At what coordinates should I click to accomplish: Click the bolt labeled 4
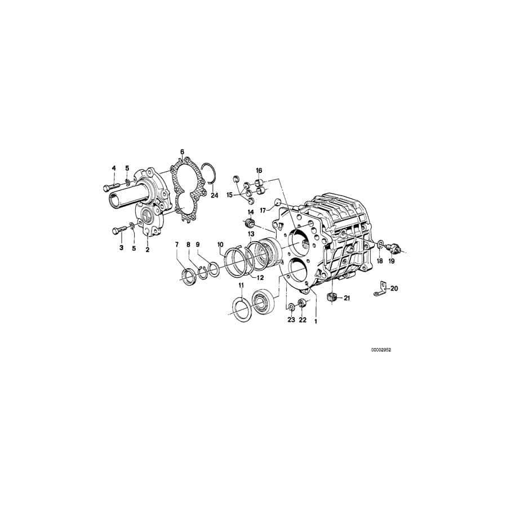coord(111,186)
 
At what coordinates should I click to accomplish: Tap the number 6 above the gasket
coord(182,152)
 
